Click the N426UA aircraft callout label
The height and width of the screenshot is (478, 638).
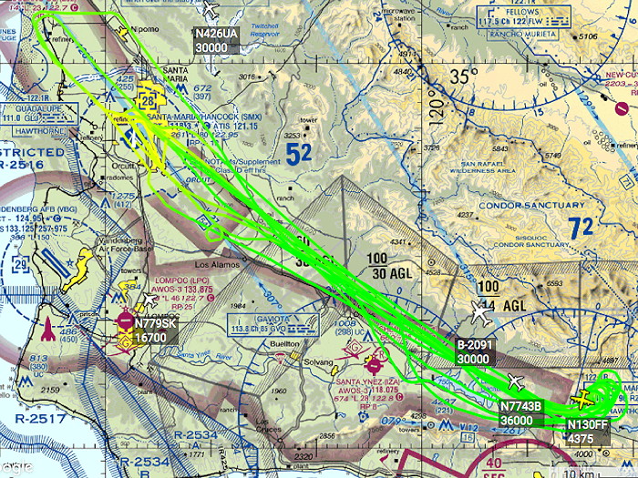pos(216,41)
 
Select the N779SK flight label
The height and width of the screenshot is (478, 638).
pos(151,331)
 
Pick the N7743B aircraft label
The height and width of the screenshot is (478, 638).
pos(521,412)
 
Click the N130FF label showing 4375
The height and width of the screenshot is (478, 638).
pos(585,431)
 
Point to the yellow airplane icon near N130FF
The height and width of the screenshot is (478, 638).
pos(583,399)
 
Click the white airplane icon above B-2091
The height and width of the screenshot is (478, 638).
pos(482,314)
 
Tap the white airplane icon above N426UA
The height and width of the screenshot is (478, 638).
pos(211,10)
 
